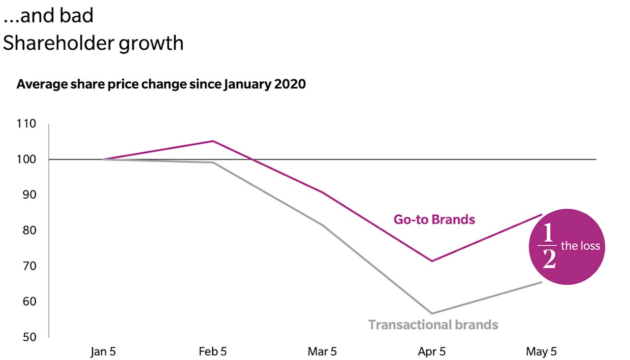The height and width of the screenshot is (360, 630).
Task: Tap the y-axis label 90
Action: (29, 195)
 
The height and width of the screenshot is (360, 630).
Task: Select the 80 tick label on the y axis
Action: (29, 230)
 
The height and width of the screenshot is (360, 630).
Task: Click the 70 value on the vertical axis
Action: (29, 266)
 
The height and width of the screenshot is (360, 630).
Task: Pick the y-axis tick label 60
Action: (29, 301)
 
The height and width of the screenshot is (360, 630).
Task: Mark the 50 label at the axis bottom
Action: (29, 337)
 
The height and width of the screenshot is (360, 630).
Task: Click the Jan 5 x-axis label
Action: (103, 352)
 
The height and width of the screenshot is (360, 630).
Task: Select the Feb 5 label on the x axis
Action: (213, 352)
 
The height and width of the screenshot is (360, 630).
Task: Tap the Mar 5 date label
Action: (322, 352)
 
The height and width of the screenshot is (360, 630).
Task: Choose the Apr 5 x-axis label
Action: (432, 352)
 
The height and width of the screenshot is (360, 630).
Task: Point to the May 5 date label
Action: (542, 352)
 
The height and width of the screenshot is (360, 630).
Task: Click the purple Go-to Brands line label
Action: (434, 219)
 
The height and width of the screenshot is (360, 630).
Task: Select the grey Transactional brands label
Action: (433, 325)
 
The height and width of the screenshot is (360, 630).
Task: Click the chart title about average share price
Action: (161, 84)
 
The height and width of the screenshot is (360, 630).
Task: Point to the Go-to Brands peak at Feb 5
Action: (213, 141)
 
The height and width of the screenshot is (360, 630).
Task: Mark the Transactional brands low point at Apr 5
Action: (432, 313)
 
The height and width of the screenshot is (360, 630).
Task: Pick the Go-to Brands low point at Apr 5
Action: (432, 261)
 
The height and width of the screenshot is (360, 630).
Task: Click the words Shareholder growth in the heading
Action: (93, 43)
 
